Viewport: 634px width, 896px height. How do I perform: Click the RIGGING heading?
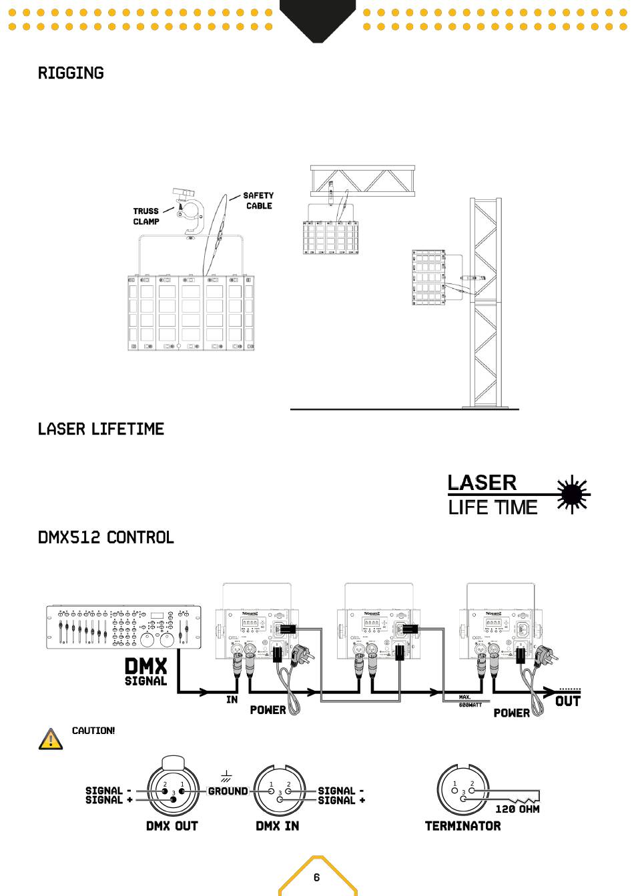pyautogui.click(x=71, y=73)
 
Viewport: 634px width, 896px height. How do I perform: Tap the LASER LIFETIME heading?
pyautogui.click(x=101, y=429)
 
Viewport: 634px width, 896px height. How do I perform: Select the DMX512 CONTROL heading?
pyautogui.click(x=105, y=537)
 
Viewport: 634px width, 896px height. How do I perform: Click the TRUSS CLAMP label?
pyautogui.click(x=146, y=216)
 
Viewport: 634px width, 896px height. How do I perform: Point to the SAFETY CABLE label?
pyautogui.click(x=258, y=201)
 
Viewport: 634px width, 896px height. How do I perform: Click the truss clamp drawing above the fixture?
pyautogui.click(x=190, y=211)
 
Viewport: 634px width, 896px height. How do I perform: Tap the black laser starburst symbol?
pyautogui.click(x=573, y=495)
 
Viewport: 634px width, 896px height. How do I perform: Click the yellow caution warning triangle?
pyautogui.click(x=51, y=739)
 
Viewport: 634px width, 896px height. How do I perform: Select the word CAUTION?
pyautogui.click(x=93, y=731)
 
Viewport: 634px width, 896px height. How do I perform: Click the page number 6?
pyautogui.click(x=317, y=877)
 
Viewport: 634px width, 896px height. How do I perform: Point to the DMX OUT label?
pyautogui.click(x=172, y=826)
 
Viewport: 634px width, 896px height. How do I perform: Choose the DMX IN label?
pyautogui.click(x=278, y=826)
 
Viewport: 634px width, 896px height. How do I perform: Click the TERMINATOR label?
pyautogui.click(x=462, y=826)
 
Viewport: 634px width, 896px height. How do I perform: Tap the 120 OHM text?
pyautogui.click(x=517, y=809)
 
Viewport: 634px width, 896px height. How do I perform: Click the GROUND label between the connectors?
pyautogui.click(x=228, y=791)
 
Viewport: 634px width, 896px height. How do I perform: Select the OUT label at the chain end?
pyautogui.click(x=568, y=701)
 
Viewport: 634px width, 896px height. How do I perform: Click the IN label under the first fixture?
pyautogui.click(x=232, y=699)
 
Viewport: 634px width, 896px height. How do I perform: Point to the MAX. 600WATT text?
pyautogui.click(x=470, y=701)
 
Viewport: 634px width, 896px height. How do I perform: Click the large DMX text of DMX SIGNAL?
pyautogui.click(x=146, y=665)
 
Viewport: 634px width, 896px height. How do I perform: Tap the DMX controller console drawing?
pyautogui.click(x=123, y=627)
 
